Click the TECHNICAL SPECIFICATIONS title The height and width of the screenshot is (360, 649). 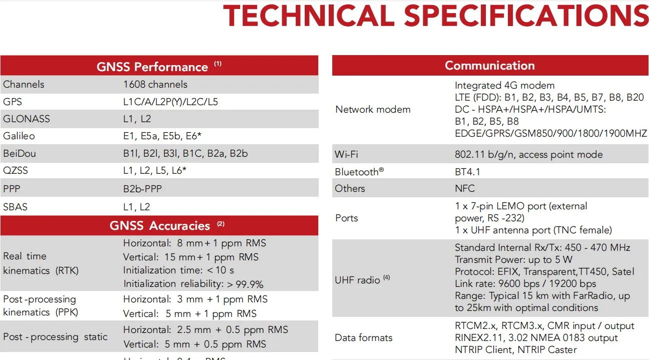(435, 16)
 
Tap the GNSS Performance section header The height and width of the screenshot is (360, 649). (152, 67)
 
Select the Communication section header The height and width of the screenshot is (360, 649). (489, 66)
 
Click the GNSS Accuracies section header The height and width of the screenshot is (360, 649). (160, 225)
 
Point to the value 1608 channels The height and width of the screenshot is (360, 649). (155, 84)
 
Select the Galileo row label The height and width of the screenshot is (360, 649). (19, 136)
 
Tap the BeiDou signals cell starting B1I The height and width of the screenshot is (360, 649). (185, 153)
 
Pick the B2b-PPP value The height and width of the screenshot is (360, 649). (143, 188)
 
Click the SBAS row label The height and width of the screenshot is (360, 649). (15, 206)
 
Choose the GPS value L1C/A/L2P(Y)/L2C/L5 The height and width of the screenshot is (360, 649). (170, 102)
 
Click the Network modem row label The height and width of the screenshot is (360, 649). (373, 109)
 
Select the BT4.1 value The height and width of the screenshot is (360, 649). (467, 172)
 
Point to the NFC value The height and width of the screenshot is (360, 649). (465, 188)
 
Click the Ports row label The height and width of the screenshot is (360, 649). (347, 218)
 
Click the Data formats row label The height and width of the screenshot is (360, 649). (364, 337)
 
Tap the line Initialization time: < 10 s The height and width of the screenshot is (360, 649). (178, 270)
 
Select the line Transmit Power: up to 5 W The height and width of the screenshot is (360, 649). (513, 259)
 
